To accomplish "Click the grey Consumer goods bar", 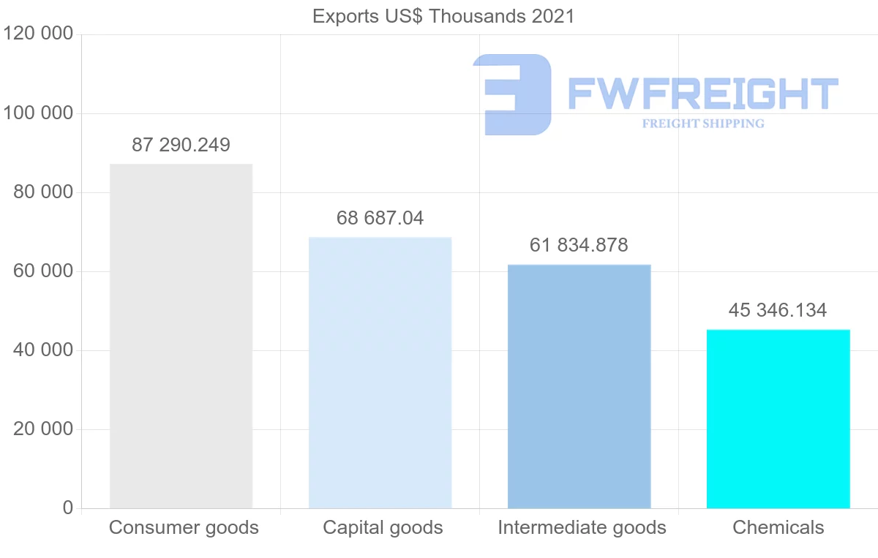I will [x=181, y=336].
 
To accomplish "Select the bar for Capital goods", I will [x=380, y=372].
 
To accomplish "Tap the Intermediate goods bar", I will [x=579, y=386].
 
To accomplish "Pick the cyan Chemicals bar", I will [x=778, y=418].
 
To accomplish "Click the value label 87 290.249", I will [x=181, y=145].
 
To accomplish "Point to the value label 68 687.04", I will [x=380, y=218].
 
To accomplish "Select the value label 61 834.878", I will [x=579, y=245].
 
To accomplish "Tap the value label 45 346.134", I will [x=778, y=310].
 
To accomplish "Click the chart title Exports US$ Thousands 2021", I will [x=443, y=16].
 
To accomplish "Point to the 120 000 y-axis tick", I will [x=38, y=34].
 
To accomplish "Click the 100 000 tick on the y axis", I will [x=38, y=113].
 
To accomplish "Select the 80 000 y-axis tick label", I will [x=43, y=192].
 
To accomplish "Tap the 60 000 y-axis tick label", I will [x=43, y=271].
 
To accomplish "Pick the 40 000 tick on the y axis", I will [x=43, y=350].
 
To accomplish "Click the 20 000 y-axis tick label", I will [x=43, y=429].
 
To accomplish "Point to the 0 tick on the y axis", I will [x=67, y=508].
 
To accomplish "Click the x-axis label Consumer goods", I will [x=184, y=527].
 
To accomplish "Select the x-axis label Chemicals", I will [x=778, y=527].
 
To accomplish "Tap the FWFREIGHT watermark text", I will [x=702, y=94].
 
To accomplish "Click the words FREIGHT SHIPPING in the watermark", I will [x=703, y=124].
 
